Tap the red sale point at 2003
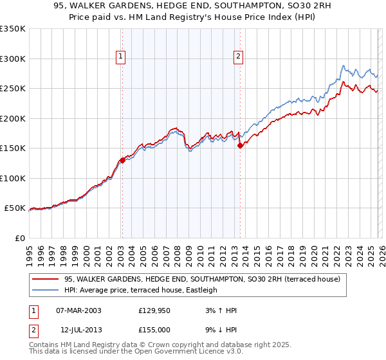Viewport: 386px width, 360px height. [x=122, y=161]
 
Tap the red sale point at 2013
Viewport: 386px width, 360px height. [x=240, y=145]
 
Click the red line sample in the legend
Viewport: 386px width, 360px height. [x=46, y=279]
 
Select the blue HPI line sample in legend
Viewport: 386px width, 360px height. [x=46, y=290]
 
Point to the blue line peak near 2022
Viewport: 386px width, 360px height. [x=344, y=66]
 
